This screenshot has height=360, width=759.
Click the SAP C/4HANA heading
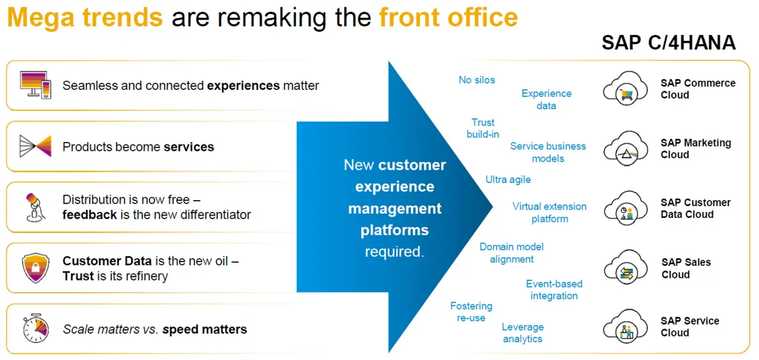tap(668, 43)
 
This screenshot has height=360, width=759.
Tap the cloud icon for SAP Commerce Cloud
tap(625, 89)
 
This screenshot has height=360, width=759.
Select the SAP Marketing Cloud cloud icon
tap(625, 148)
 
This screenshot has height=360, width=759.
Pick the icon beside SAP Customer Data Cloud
tap(625, 208)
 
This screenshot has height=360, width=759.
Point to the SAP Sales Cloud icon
tap(625, 268)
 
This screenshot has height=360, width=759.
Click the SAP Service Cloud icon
tap(625, 327)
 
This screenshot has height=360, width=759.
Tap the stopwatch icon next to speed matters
tap(36, 329)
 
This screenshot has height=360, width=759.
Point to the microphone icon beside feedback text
tap(34, 208)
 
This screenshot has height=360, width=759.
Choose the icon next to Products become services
tap(36, 146)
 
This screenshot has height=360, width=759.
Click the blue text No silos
tap(477, 80)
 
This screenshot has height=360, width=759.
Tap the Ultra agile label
tap(508, 179)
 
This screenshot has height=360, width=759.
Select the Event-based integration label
tap(554, 290)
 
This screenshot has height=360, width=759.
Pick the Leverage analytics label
tap(523, 332)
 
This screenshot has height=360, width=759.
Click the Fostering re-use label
tap(471, 312)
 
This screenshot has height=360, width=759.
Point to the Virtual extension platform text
tap(549, 212)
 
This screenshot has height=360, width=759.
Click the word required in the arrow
tap(394, 252)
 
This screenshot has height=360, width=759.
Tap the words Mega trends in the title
tap(85, 18)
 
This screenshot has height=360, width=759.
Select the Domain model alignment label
tap(512, 253)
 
